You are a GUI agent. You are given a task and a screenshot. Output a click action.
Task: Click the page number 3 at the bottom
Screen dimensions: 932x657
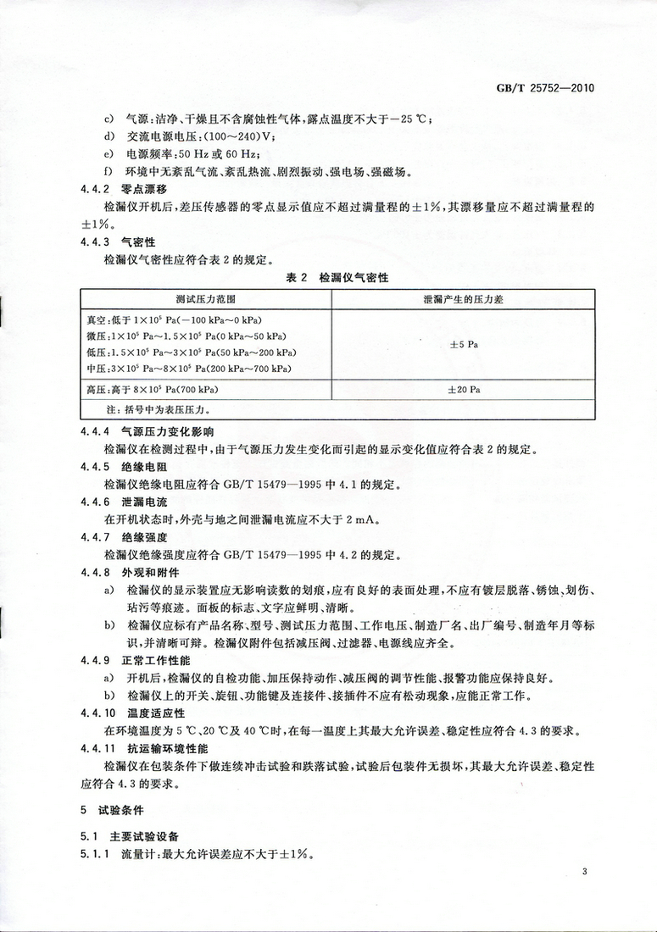[x=584, y=872]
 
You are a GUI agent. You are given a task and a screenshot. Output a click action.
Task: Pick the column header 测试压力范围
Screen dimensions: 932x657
[x=206, y=301]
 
